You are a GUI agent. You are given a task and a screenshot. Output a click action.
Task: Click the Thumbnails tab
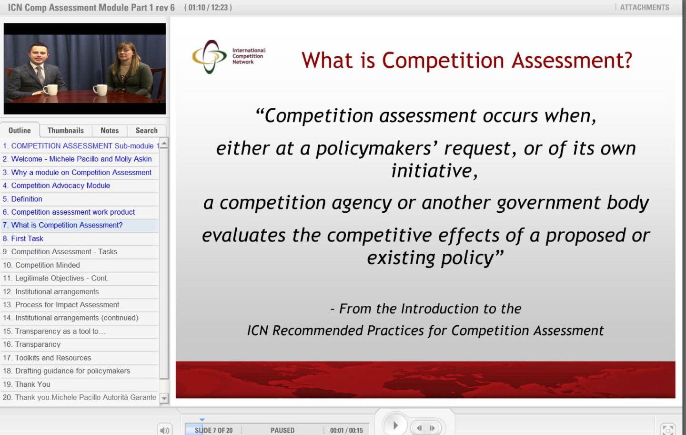pos(66,130)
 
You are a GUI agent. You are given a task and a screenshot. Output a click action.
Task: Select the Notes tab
pos(110,130)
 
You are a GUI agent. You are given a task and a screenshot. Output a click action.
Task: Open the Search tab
pos(146,130)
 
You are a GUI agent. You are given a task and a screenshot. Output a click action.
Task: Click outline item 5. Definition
pos(22,199)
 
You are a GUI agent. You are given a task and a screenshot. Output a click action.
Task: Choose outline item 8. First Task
pos(23,238)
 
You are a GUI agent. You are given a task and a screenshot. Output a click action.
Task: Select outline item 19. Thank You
pos(26,384)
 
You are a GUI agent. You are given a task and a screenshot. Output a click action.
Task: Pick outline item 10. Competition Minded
pos(41,265)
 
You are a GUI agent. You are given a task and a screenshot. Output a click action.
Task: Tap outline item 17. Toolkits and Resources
pos(47,358)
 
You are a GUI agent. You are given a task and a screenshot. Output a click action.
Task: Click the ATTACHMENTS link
pos(645,7)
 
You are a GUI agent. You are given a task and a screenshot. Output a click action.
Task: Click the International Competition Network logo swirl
pos(210,57)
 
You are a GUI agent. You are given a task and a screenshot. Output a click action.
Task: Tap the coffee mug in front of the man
pos(50,90)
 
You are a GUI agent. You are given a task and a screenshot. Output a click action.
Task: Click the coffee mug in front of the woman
pos(100,90)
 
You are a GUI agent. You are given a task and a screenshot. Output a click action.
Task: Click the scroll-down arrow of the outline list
pos(164,398)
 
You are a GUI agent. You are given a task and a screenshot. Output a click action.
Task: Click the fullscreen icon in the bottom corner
pos(667,430)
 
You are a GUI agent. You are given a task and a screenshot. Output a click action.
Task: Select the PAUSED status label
pos(282,430)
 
